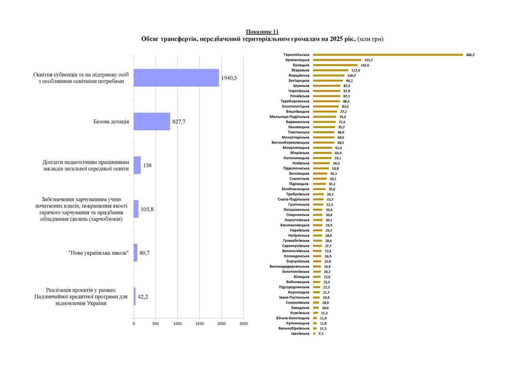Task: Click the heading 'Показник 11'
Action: point(262,32)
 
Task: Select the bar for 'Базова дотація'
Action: point(152,121)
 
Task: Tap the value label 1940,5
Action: point(229,78)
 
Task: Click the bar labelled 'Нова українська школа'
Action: point(136,253)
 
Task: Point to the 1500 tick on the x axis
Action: point(200,324)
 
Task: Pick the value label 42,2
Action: point(143,296)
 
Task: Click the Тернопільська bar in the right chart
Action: point(388,55)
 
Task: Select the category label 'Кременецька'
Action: point(297,60)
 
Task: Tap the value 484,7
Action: point(469,55)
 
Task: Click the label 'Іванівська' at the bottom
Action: point(300,334)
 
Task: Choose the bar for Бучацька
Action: point(335,65)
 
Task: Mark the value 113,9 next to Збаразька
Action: point(356,70)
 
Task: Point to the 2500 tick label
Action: point(243,324)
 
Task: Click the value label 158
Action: point(147,165)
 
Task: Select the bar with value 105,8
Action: point(136,209)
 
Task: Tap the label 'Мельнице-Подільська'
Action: point(289,117)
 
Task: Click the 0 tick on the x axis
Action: point(134,324)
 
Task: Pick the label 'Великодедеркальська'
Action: point(289,267)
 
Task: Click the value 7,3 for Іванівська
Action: point(321,334)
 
